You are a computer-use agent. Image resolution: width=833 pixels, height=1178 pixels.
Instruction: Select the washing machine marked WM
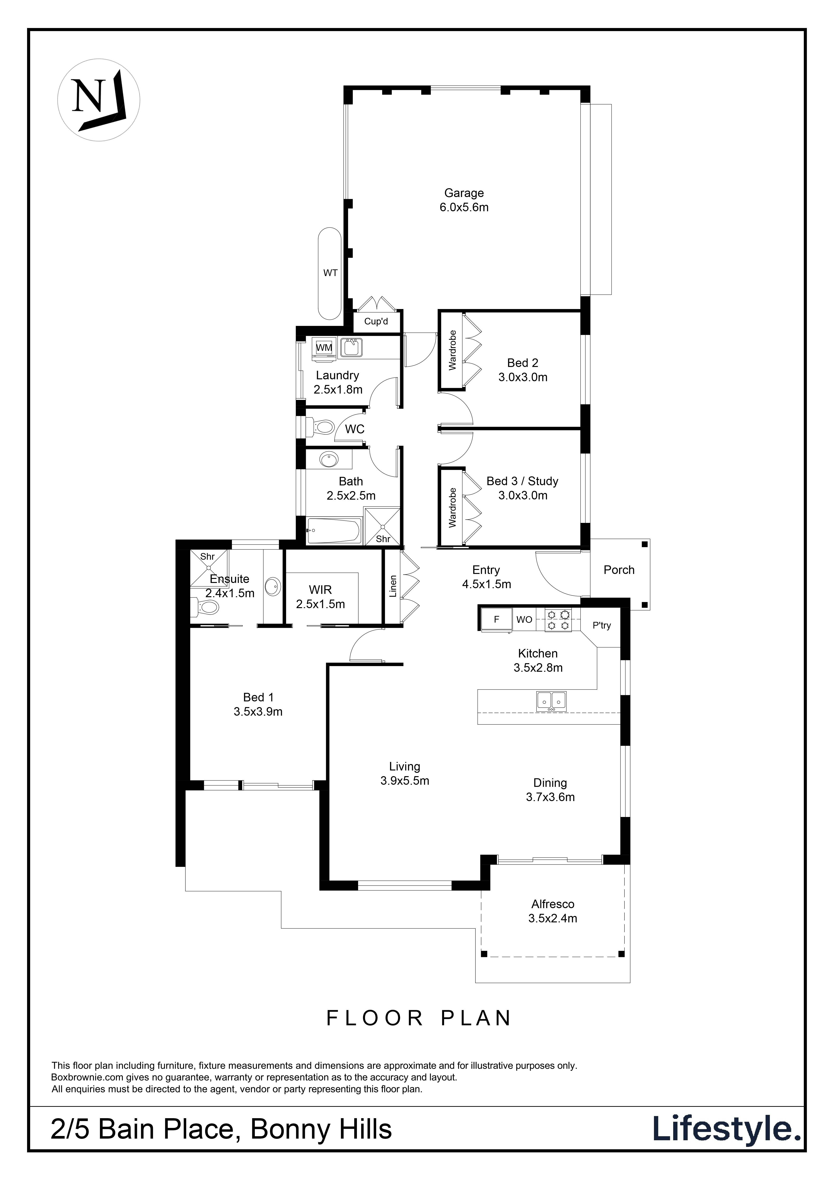tap(324, 347)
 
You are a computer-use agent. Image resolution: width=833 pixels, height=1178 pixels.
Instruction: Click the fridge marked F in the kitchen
tap(496, 619)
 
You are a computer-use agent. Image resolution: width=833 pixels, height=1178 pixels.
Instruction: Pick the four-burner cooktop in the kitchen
tap(558, 619)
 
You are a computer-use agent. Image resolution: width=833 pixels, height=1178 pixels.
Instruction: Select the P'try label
tap(601, 625)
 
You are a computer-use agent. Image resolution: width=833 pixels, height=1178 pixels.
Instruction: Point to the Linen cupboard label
tap(393, 586)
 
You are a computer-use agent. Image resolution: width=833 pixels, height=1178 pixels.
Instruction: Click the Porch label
tap(619, 570)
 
